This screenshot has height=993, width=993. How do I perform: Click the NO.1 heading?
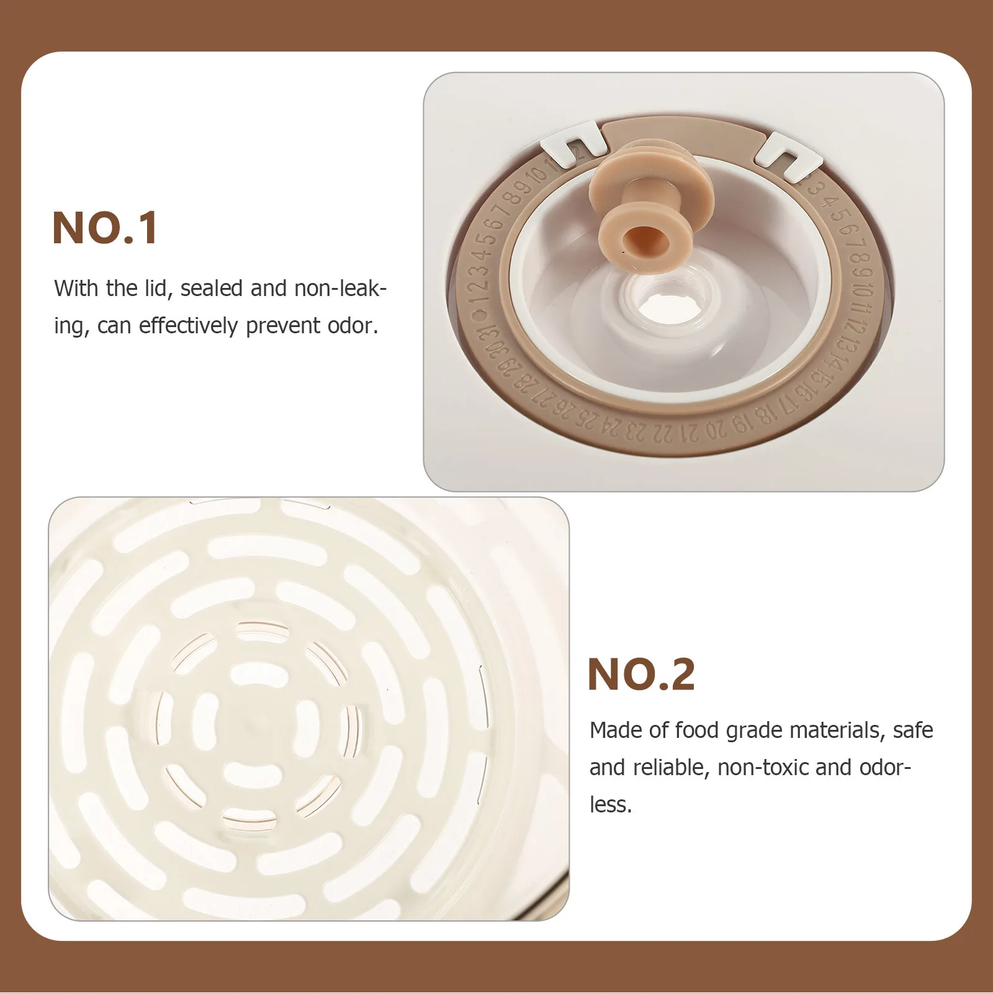[x=106, y=228]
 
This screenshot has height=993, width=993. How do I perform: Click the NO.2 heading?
[x=641, y=675]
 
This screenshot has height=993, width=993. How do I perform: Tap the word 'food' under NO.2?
[x=697, y=730]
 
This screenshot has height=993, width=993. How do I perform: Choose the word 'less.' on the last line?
[x=611, y=805]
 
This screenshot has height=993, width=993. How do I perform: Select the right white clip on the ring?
[x=786, y=157]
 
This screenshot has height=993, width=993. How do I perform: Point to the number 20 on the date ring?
[x=714, y=430]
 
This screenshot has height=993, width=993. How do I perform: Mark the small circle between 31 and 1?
[x=480, y=316]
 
